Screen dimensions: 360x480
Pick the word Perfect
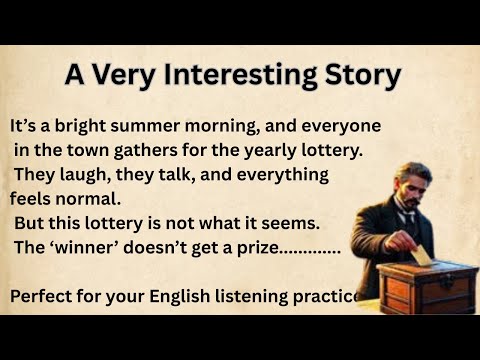[45, 296]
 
